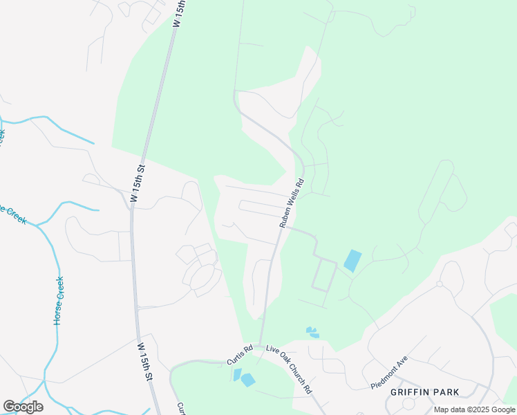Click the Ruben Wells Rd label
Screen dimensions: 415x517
(292, 204)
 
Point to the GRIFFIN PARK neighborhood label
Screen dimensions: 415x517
(424, 392)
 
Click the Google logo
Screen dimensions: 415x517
(23, 407)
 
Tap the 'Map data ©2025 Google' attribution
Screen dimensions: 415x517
(475, 409)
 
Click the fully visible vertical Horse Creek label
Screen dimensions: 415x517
(59, 301)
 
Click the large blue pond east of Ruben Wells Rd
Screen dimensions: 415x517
(352, 260)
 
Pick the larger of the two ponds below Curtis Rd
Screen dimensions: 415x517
(247, 379)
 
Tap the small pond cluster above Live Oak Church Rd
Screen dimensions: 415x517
(312, 333)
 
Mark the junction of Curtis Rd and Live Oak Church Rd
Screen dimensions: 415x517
(259, 345)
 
